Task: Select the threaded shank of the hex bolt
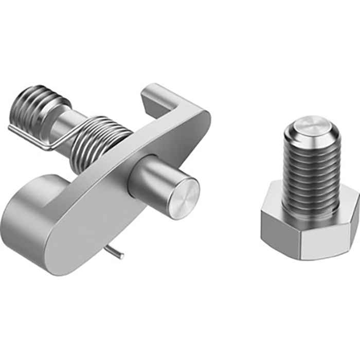click(x=311, y=170)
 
